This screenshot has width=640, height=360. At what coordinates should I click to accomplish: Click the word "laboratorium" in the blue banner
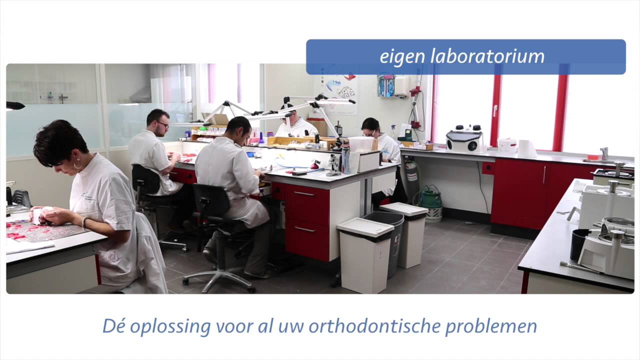[x=487, y=56]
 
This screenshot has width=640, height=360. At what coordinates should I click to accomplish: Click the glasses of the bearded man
[x=162, y=124]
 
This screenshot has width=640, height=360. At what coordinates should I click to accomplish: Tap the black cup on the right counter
[x=579, y=244]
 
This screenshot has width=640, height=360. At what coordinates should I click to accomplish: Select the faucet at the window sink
[x=604, y=152]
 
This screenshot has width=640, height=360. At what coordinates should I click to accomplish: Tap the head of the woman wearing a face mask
[x=370, y=127]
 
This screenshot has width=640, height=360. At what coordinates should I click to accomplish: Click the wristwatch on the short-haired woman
[x=84, y=221]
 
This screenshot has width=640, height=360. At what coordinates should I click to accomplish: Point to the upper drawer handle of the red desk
[x=304, y=193]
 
